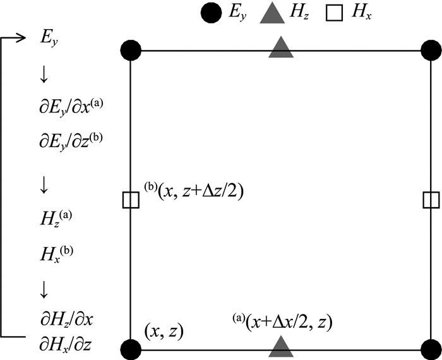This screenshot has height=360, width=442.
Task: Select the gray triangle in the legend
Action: coord(273,14)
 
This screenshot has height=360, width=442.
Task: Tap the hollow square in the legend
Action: coord(335,13)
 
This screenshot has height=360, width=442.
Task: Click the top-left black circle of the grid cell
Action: coord(130,49)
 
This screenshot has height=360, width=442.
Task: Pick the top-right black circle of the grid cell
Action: coord(431,49)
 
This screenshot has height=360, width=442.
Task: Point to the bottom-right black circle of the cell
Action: coord(431,349)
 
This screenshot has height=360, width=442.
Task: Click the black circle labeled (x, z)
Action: coord(130,349)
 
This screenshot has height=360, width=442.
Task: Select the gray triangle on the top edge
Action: coord(280,47)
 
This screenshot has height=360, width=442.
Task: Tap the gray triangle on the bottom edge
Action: coord(280,346)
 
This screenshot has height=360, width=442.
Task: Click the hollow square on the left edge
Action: coord(130,200)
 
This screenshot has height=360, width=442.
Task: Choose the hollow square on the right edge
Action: coord(431,200)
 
